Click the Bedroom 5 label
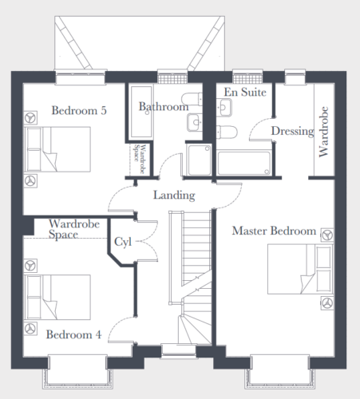pyautogui.click(x=79, y=110)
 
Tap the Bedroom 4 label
pyautogui.click(x=73, y=334)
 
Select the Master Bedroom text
pyautogui.click(x=274, y=231)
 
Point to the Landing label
pyautogui.click(x=174, y=196)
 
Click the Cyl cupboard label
pyautogui.click(x=123, y=242)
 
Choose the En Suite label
pyautogui.click(x=245, y=92)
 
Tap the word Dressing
pyautogui.click(x=293, y=131)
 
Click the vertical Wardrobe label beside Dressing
pyautogui.click(x=323, y=132)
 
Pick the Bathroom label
pyautogui.click(x=164, y=107)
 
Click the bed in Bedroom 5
pyautogui.click(x=57, y=149)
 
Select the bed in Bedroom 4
pyautogui.click(x=57, y=297)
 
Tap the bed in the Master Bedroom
pyautogui.click(x=300, y=269)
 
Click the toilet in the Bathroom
pyautogui.click(x=192, y=99)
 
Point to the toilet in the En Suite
pyautogui.click(x=227, y=132)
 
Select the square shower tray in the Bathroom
pyautogui.click(x=200, y=160)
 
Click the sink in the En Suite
pyautogui.click(x=224, y=107)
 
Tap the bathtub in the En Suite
pyautogui.click(x=244, y=163)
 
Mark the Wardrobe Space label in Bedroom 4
pyautogui.click(x=74, y=229)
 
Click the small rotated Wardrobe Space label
pyautogui.click(x=140, y=159)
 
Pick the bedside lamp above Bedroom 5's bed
pyautogui.click(x=30, y=117)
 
